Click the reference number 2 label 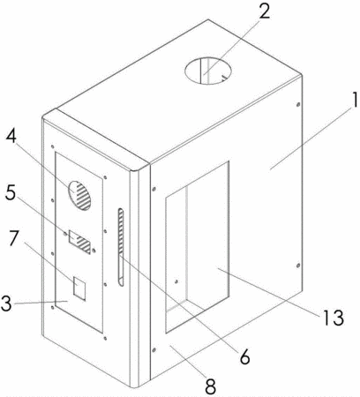coord(265,12)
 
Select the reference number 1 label coord(355,100)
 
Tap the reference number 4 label coord(11,138)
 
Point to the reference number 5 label coord(10,192)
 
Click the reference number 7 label coord(14,238)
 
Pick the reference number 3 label coord(6,303)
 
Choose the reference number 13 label coord(334,318)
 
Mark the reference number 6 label coord(244,356)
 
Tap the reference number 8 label coord(210,386)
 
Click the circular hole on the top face coord(208,71)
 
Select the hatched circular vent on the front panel coord(79,195)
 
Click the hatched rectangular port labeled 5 coord(79,242)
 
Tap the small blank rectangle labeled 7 coord(79,288)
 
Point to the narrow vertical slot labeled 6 coord(121,247)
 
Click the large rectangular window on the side coord(197,247)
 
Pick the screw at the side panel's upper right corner coord(298,104)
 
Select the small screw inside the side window coord(176,281)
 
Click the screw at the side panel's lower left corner coord(154,349)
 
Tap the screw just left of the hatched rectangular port coord(65,234)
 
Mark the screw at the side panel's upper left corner coord(154,188)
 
